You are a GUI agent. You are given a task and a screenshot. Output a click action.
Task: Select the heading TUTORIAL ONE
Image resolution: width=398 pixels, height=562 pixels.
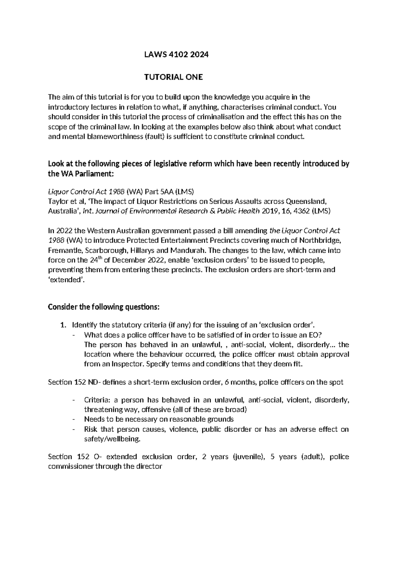[173, 78]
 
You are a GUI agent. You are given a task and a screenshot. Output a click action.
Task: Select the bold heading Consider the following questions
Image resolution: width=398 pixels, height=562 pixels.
[104, 307]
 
